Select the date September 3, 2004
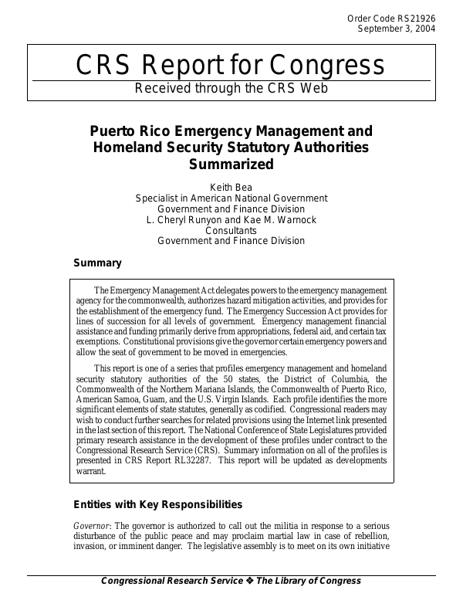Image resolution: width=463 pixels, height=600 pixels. pos(397,29)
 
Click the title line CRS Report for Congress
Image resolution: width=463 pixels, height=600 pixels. pos(231,66)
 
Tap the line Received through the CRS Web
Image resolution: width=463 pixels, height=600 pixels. pos(231,88)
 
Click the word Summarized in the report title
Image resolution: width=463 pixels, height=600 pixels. pos(231,164)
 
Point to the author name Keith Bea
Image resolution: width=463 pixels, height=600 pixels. pos(231,187)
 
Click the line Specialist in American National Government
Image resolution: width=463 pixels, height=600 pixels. pos(231,198)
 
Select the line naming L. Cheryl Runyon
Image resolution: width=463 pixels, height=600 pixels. pos(231,219)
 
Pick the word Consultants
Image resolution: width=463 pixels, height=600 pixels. pos(231,230)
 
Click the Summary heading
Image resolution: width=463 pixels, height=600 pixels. pos(96,263)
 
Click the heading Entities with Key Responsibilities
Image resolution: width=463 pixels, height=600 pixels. pos(157,505)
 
